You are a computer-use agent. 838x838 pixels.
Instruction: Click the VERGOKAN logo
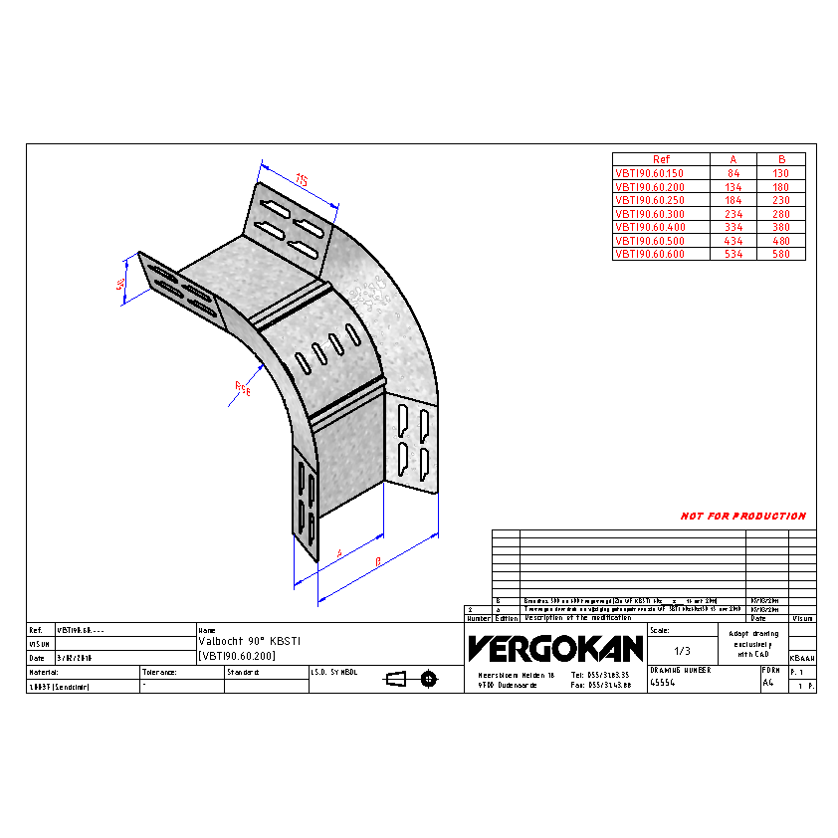click(555, 649)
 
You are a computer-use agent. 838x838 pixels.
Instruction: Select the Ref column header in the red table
click(661, 159)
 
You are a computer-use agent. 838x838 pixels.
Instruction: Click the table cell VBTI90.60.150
click(649, 172)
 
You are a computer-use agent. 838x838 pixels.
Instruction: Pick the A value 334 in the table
click(733, 227)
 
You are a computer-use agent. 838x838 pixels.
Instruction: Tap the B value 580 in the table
click(781, 254)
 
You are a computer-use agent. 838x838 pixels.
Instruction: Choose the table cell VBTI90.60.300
click(649, 213)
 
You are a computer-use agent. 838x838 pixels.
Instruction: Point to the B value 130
click(781, 172)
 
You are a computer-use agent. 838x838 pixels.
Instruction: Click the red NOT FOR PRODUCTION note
click(743, 517)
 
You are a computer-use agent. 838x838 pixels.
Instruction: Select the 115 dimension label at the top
click(302, 180)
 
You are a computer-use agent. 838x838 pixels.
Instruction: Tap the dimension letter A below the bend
click(339, 551)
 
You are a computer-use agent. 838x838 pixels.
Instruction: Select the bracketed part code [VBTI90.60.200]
click(237, 656)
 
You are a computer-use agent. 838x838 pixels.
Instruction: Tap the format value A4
click(767, 684)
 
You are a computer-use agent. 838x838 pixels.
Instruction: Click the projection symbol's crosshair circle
click(429, 679)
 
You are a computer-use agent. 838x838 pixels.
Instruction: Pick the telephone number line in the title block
click(601, 674)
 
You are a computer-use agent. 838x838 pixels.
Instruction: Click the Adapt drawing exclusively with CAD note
click(752, 644)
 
